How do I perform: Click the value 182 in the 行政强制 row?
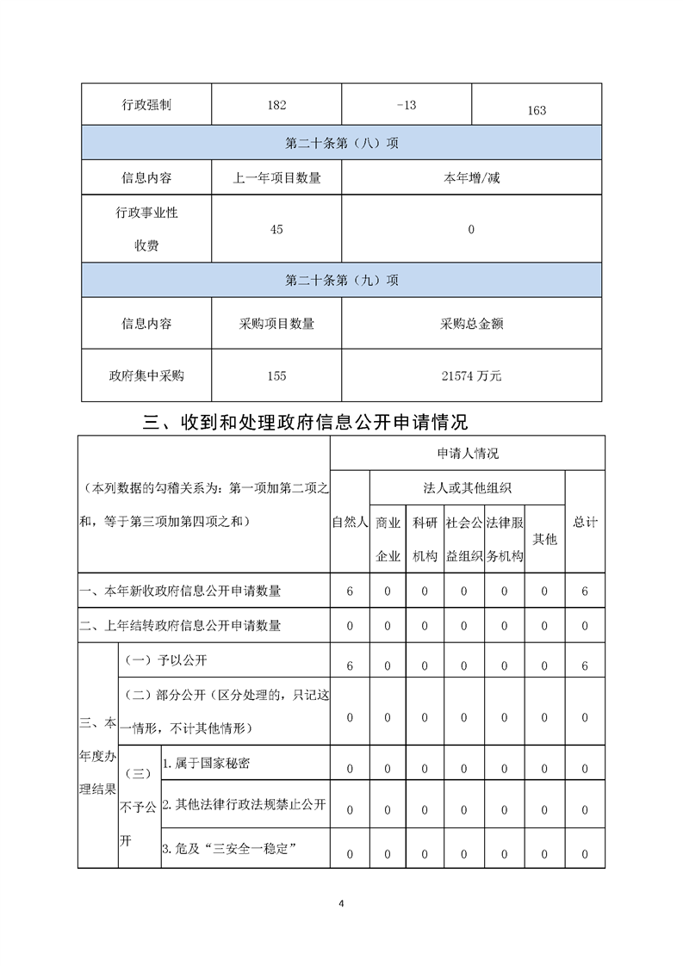coord(276,105)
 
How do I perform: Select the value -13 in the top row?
coord(407,105)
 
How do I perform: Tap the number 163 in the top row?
coord(536,110)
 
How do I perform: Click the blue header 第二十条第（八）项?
coord(341,144)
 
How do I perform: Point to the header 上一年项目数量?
coord(276,178)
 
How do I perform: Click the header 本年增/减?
coord(471,178)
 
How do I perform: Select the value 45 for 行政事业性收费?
coord(276,230)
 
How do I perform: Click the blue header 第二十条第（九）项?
coord(341,281)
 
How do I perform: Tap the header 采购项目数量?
coord(276,324)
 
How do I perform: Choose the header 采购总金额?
coord(471,324)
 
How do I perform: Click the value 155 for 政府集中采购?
coord(276,376)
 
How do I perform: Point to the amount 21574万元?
coord(471,376)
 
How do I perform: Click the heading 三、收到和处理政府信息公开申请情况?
coord(305,423)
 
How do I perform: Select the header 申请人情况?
coord(467,453)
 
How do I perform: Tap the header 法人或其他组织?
coord(467,487)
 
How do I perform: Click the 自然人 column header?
coord(350,522)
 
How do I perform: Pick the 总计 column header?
coord(585,522)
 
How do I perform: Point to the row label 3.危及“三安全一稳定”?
coord(229,849)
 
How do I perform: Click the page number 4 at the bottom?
coord(342,903)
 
